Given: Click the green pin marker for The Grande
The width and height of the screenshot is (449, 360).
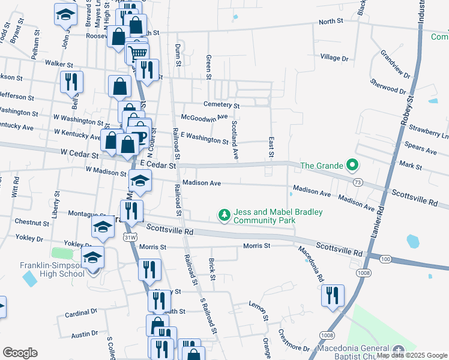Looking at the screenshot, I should [x=353, y=165].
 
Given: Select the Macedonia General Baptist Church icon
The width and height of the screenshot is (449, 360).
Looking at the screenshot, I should [x=399, y=349].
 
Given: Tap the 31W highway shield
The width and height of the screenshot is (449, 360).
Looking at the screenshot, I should [x=129, y=238].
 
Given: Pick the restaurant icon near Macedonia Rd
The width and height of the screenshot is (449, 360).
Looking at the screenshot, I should [x=332, y=295].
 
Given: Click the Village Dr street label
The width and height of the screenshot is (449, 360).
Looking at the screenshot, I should [x=334, y=58].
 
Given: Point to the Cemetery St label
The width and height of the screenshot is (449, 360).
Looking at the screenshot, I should [x=221, y=105].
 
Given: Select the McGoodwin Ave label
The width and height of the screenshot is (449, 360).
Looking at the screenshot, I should [x=205, y=117].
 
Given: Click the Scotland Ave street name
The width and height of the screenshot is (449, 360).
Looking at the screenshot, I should [x=235, y=140].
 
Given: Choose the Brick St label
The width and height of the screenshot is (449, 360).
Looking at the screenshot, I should [x=212, y=269].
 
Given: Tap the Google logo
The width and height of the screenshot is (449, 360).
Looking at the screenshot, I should [x=20, y=352].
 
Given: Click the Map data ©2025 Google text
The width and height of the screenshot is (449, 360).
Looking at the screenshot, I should [x=412, y=355].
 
